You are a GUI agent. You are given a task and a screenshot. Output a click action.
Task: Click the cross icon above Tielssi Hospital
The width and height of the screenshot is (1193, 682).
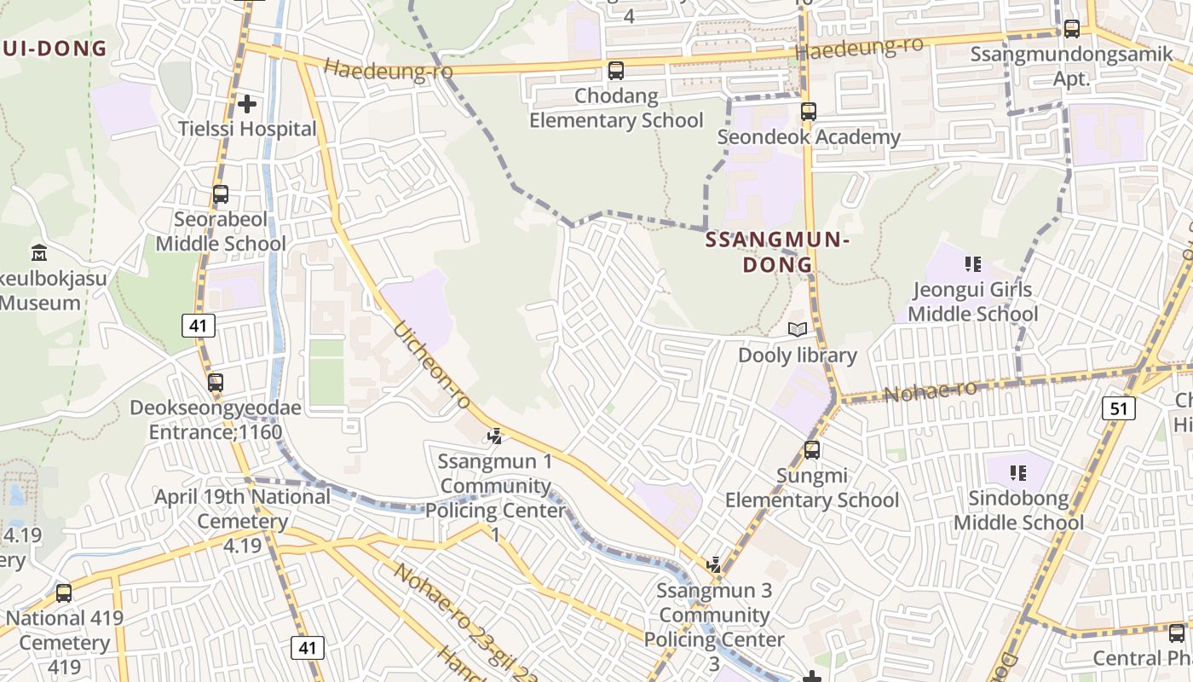247,104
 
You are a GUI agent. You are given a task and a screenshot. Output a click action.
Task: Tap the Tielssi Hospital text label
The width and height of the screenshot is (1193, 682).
247,130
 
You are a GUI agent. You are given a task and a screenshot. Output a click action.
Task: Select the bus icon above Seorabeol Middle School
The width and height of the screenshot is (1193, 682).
221,194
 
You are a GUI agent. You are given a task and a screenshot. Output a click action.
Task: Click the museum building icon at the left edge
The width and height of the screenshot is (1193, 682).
39,252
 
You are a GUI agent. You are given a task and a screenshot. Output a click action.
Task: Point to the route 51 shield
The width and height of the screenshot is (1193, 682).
1118,408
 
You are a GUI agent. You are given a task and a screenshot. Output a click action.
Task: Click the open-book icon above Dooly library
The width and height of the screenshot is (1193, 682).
797,330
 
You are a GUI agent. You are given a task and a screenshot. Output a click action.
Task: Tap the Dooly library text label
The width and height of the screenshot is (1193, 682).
797,355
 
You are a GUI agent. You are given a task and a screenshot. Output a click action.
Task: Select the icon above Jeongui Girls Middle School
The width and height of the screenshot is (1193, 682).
972,264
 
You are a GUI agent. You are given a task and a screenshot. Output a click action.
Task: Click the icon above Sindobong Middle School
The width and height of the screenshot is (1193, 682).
1017,472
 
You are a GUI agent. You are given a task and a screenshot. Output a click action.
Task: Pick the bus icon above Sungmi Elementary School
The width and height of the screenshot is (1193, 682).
812,449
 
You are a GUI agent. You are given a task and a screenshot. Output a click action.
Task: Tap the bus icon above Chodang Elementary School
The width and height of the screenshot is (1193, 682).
616,71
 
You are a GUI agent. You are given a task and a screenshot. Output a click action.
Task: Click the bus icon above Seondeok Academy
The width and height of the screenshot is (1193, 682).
808,112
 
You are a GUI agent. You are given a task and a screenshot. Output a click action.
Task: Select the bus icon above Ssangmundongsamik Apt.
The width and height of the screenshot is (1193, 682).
1072,29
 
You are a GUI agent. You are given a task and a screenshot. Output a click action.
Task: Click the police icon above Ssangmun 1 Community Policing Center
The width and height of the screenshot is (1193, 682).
494,436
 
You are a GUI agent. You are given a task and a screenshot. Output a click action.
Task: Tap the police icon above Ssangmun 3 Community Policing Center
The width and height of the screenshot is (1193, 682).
714,564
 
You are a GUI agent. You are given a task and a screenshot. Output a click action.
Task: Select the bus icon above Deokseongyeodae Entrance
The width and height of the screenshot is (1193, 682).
216,383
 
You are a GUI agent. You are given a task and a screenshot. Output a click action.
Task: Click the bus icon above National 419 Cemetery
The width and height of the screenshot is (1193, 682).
64,593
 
